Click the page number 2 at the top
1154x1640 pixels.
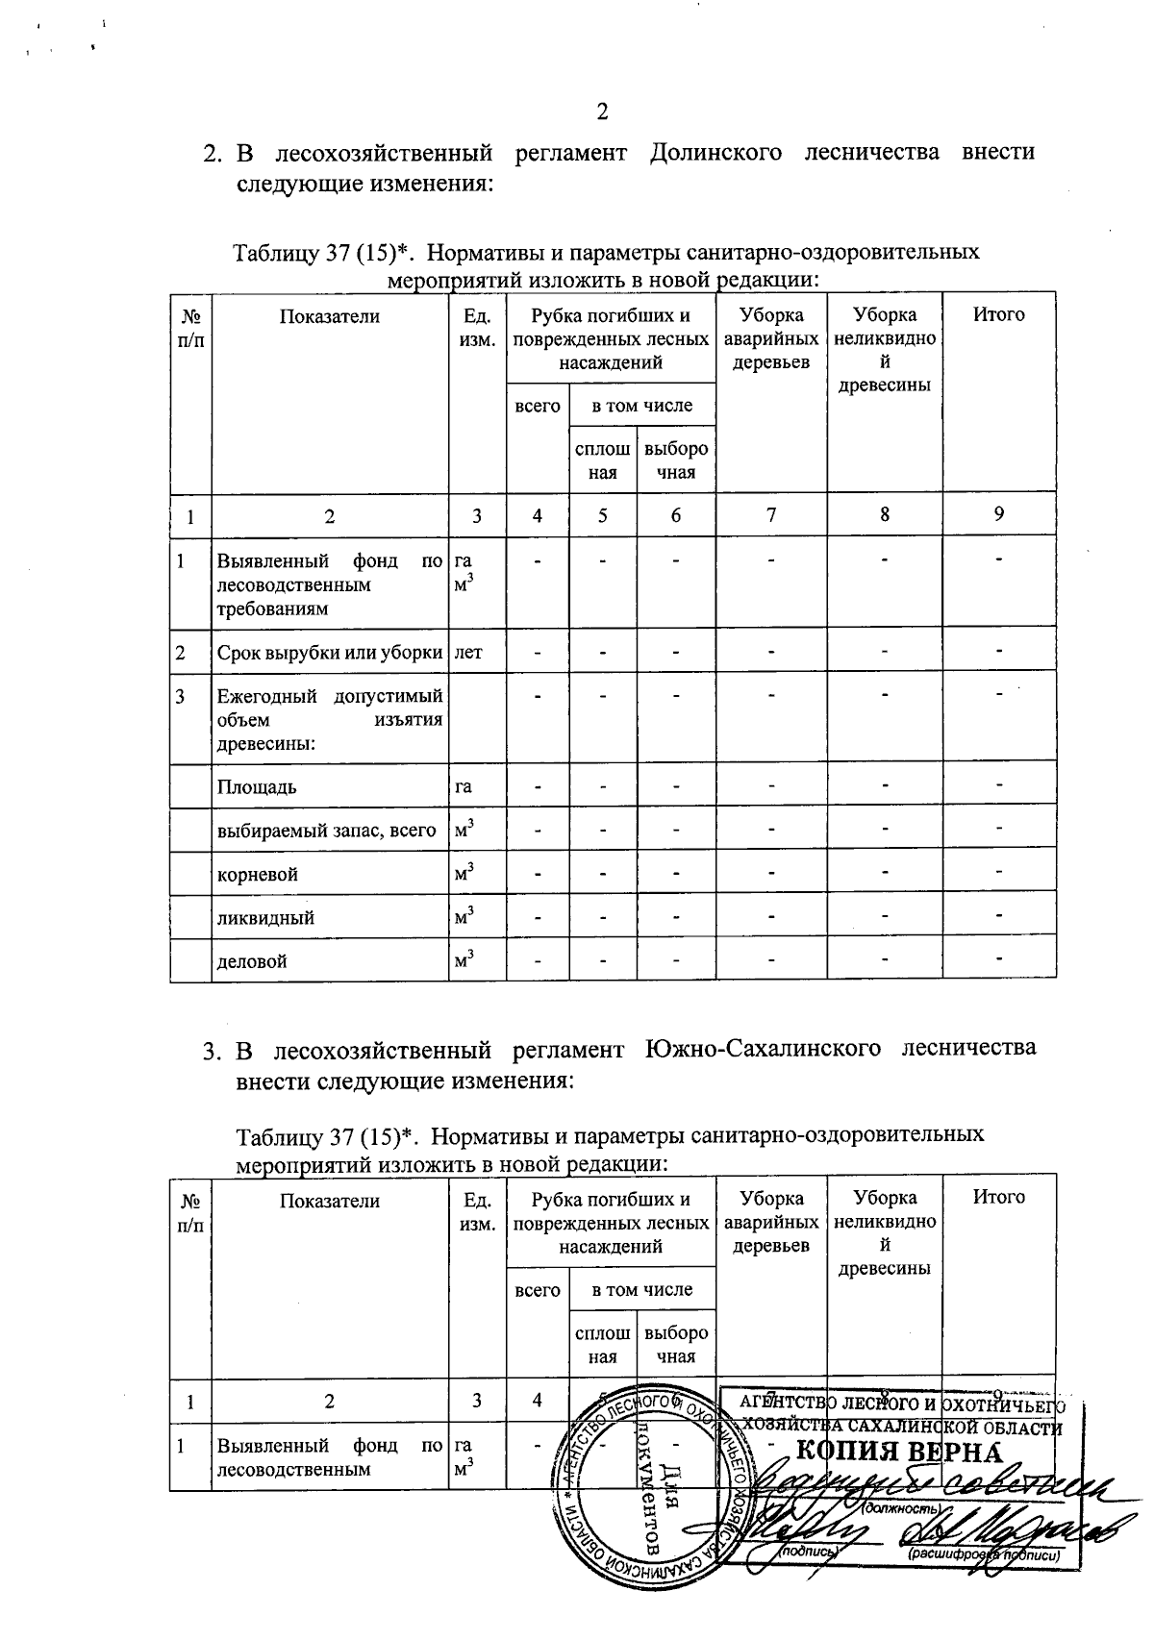603,112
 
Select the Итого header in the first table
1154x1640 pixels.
998,315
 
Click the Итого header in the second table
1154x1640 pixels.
998,1198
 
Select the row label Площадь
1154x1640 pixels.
256,787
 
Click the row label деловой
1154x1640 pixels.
251,960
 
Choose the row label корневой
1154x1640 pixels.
257,875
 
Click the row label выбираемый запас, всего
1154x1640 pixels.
326,831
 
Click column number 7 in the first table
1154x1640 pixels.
770,515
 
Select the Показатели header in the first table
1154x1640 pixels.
329,315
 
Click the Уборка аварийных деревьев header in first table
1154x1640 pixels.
770,338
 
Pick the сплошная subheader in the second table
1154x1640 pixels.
602,1345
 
